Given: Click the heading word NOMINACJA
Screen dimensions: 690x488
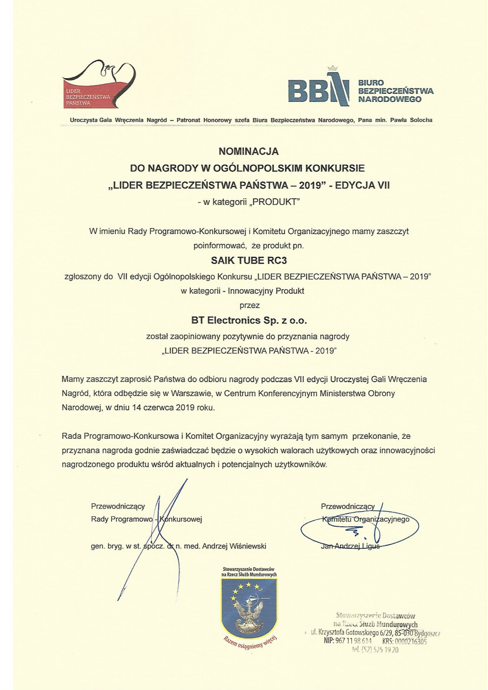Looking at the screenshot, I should pos(248,151).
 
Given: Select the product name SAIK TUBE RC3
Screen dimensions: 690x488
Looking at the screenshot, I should pos(249,261).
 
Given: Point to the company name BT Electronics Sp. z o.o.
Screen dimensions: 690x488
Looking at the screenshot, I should pos(249,321).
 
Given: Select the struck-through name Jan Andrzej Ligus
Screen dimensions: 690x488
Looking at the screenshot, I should pos(350,546).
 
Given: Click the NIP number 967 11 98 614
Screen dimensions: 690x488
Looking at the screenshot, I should pos(348,641).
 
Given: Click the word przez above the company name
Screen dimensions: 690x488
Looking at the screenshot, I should pos(249,305).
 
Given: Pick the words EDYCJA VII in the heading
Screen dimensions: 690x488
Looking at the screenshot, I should pos(363,185).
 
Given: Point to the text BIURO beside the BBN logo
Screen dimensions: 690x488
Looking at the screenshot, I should pos(371,83).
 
